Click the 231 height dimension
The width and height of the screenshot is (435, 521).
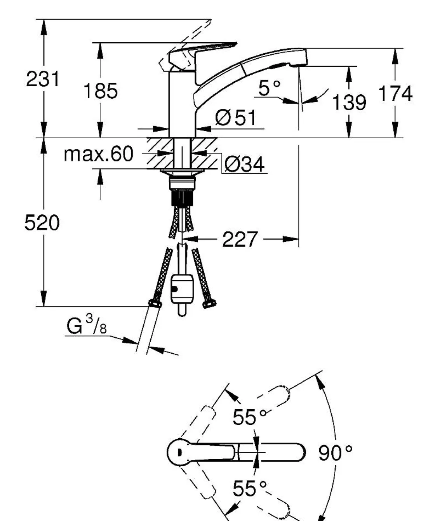pos(43,80)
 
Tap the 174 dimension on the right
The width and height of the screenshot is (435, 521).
pos(395,94)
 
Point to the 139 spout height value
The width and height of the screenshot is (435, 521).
pos(349,102)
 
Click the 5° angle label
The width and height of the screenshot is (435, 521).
pos(269,88)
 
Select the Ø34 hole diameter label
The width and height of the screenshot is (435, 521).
pos(244,165)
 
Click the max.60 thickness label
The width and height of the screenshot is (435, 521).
pos(98,154)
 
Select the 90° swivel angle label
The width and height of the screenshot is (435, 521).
pos(336,453)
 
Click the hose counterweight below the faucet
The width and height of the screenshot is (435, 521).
pos(182,289)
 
